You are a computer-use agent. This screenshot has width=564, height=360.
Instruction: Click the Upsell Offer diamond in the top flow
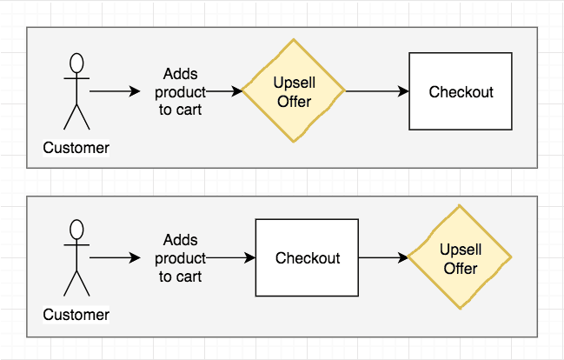point(294,91)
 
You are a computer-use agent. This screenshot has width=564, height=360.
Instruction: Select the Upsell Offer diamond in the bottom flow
point(460,258)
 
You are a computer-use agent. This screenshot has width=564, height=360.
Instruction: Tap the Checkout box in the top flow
point(461,91)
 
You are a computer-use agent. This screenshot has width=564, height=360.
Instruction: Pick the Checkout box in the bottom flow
point(307,258)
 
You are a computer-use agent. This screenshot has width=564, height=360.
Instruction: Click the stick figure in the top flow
point(77,91)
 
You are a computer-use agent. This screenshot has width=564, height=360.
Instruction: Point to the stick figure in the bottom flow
point(77,258)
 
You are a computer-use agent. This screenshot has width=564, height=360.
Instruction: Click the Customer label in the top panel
point(76,148)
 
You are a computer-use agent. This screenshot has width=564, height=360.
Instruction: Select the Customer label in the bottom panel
point(76,315)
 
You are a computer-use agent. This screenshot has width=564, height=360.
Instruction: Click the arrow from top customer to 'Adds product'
point(113,91)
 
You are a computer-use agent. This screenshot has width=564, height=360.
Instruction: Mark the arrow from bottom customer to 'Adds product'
point(113,258)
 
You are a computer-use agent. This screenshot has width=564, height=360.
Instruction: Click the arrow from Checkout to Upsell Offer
point(383,258)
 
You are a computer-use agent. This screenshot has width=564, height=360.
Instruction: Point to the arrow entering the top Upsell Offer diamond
point(224,91)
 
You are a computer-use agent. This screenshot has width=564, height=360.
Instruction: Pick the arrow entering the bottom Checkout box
point(230,258)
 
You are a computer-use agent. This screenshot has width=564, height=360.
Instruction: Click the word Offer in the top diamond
point(294,102)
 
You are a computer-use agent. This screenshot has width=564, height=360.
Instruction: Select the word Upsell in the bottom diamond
point(461,250)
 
